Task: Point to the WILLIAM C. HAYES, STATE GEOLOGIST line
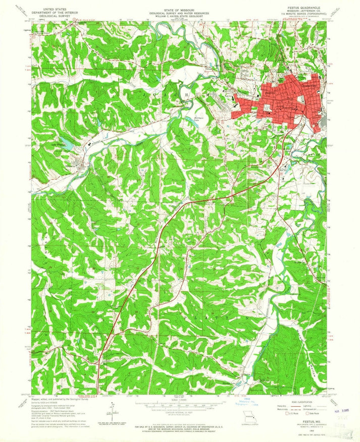click(x=180, y=14)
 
